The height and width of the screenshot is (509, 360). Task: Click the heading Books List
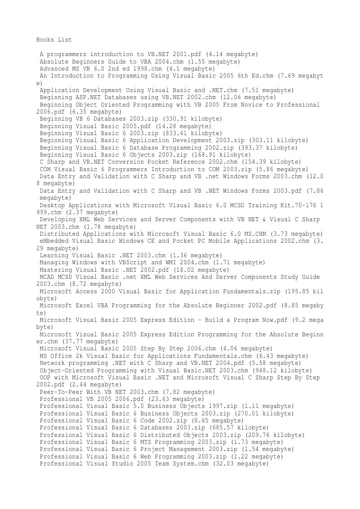point(54,39)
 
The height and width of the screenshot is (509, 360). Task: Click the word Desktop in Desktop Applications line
point(54,206)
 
